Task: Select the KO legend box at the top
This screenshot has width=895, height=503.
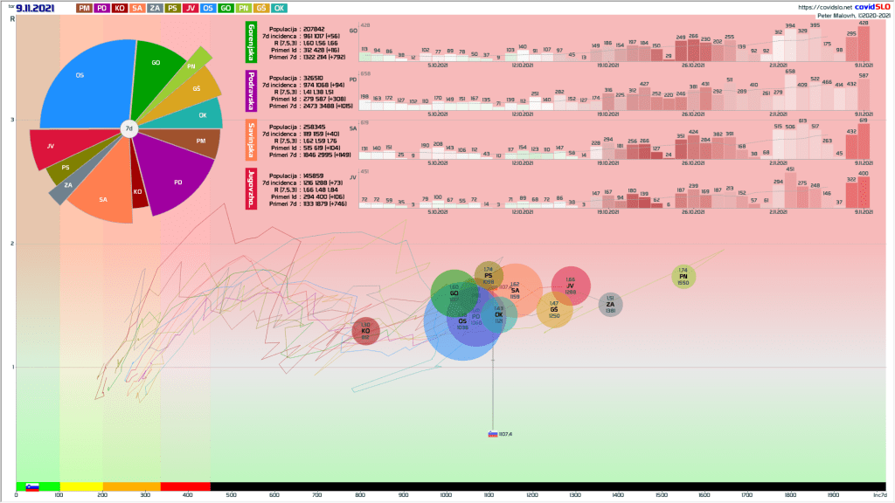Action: point(120,8)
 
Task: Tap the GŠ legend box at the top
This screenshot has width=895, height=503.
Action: point(261,8)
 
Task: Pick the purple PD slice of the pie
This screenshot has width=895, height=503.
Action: point(174,179)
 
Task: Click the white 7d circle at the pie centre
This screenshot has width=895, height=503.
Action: point(128,128)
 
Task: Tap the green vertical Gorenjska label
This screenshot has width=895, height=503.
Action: point(251,42)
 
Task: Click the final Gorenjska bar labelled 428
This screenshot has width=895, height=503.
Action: point(864,43)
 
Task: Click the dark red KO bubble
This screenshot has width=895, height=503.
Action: point(365,331)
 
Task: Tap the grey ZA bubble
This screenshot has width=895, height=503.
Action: point(610,305)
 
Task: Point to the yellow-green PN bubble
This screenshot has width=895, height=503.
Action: point(683,277)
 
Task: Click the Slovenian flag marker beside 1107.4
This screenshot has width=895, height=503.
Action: point(493,434)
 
